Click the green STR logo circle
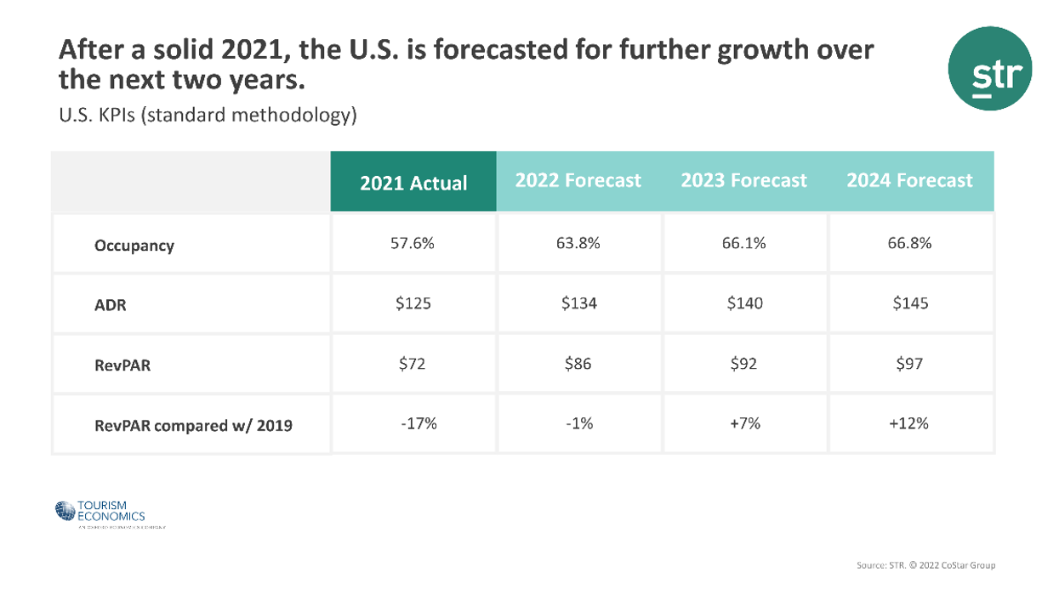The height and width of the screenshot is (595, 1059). coord(989,68)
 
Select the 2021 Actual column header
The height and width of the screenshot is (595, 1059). coord(413,183)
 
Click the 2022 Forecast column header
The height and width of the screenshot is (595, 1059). coord(578,181)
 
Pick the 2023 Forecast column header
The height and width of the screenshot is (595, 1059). coord(743,181)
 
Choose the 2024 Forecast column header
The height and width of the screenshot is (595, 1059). coord(909,181)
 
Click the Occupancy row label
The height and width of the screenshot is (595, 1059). coord(134,246)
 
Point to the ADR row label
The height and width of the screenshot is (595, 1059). coord(111,304)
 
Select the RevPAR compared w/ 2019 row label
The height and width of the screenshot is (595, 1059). coord(193,425)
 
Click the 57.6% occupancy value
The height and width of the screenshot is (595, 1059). coord(413,243)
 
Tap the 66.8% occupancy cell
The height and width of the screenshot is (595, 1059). coord(909,243)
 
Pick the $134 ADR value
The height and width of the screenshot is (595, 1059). coord(578,303)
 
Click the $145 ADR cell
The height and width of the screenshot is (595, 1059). coord(909,303)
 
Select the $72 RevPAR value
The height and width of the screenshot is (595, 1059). coord(413,364)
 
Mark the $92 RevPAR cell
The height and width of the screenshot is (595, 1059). coord(743,364)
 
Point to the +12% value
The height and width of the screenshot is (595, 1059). coord(909,423)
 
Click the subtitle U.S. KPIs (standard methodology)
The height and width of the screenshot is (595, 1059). coord(208,115)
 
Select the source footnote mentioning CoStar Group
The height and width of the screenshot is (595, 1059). coord(925,565)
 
